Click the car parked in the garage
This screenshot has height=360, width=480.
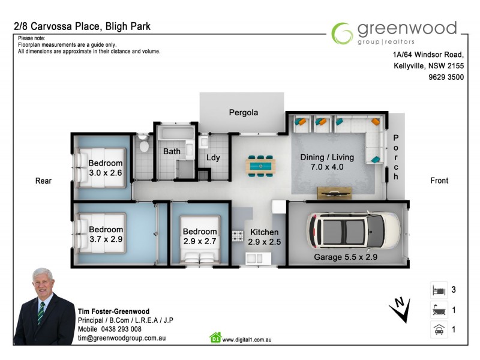pos(353,232)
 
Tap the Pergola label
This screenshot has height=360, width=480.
pos(243,112)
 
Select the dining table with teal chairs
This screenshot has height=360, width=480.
pos(261,164)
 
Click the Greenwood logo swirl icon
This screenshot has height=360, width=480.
pos(343,33)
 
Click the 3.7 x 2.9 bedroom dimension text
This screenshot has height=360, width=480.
pos(106,239)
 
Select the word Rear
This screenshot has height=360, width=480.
pos(43,181)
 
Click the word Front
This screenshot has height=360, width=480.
pos(439,181)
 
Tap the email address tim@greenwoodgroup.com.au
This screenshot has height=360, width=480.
pos(121,338)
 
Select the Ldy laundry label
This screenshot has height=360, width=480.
pos(213,158)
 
